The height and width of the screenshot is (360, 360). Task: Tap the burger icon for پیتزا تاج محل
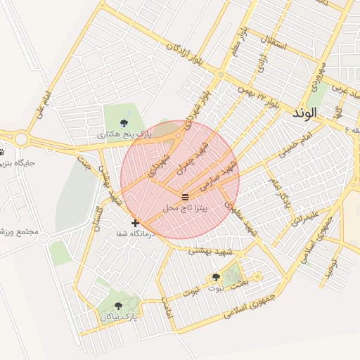coord(185,196)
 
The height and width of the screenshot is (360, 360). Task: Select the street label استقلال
coord(273,43)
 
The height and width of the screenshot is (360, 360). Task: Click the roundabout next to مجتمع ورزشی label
coord(44,239)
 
